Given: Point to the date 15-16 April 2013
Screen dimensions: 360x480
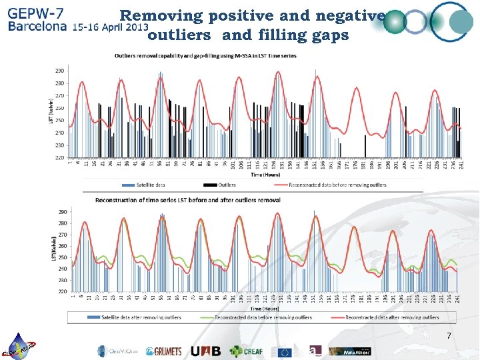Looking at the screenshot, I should (111, 29).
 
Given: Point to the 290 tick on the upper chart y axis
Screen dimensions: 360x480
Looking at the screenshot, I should (60, 71).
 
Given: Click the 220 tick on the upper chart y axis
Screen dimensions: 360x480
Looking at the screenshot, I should (60, 157).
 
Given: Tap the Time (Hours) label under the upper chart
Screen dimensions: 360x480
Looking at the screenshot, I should (265, 176).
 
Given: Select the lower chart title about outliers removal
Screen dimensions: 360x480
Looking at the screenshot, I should (188, 200).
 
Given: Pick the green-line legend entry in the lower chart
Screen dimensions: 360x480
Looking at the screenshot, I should (263, 318).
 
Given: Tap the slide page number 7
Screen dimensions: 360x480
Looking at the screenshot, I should (449, 335).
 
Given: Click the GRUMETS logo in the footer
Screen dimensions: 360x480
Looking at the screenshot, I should (163, 351).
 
